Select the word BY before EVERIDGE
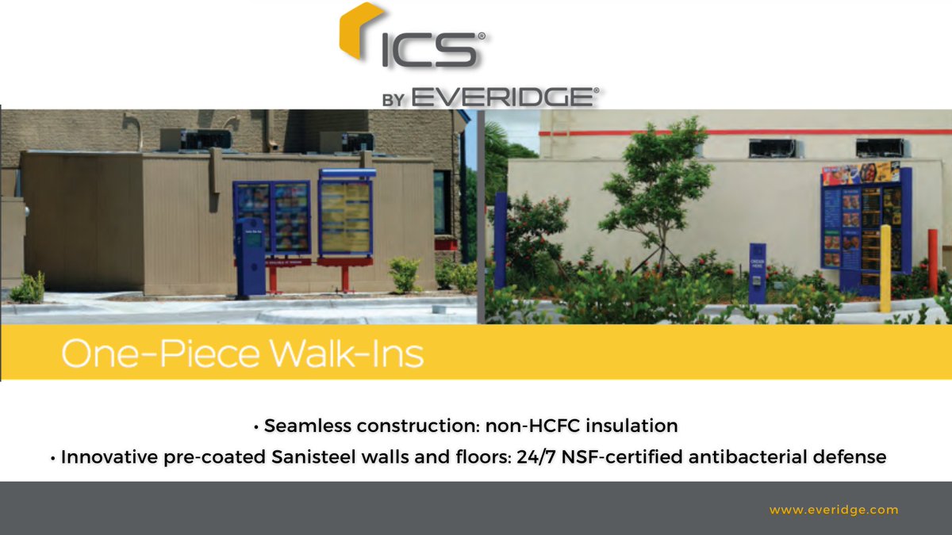click(x=393, y=100)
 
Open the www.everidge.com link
click(x=833, y=510)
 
